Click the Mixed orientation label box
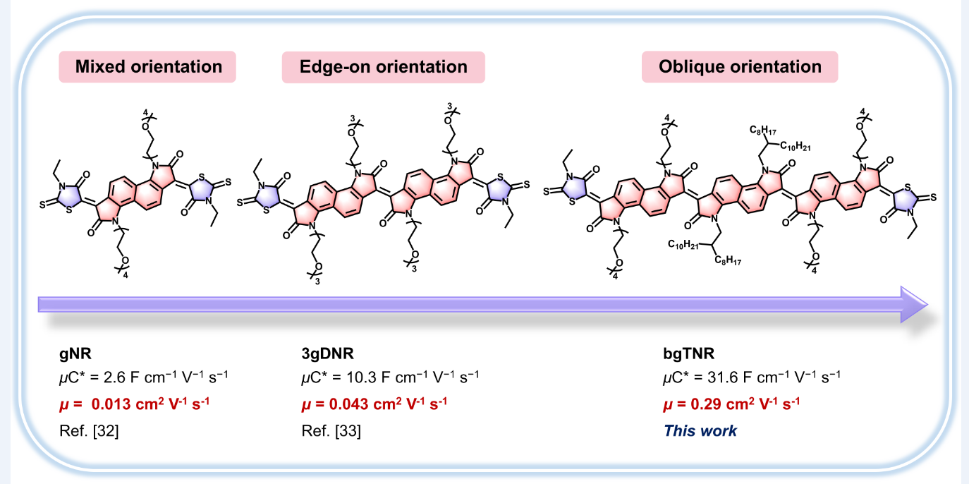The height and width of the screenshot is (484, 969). [148, 67]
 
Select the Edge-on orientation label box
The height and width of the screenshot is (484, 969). [383, 67]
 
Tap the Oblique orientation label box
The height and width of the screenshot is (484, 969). [740, 67]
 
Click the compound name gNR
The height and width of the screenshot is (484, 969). [75, 351]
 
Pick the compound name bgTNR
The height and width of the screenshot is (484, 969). [683, 351]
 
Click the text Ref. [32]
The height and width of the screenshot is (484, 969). [89, 430]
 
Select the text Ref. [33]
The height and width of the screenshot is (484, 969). [331, 430]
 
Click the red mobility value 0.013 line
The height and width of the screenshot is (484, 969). [134, 404]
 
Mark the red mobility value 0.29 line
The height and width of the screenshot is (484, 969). [731, 404]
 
